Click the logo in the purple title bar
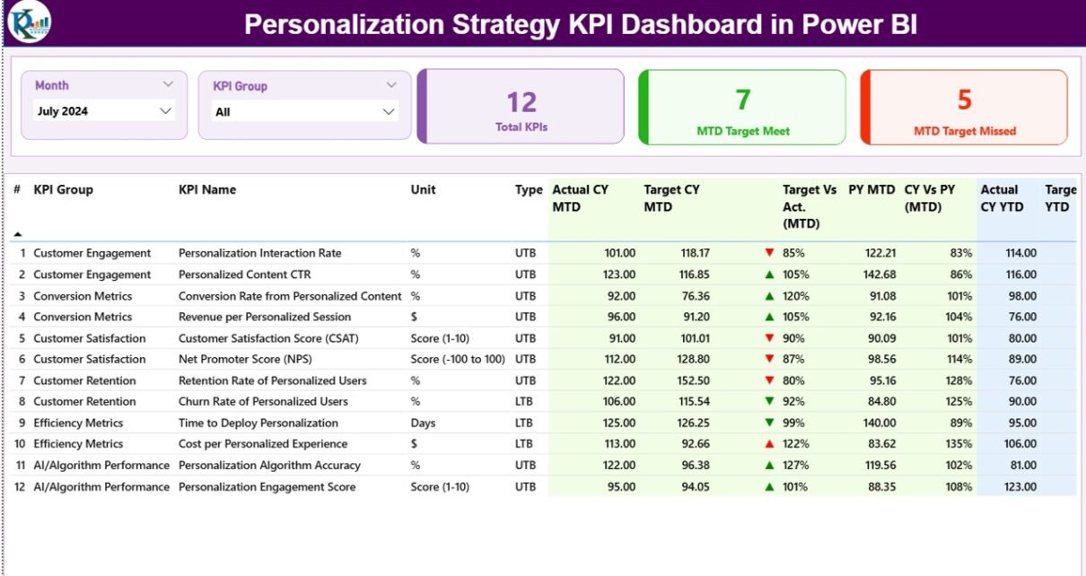click(29, 22)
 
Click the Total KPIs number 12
click(521, 102)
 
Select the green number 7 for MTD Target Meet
click(743, 100)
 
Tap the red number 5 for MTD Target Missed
click(965, 100)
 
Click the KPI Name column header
click(207, 190)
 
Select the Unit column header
click(424, 190)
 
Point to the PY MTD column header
click(871, 190)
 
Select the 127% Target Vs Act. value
click(796, 466)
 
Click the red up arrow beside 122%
click(769, 444)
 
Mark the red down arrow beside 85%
click(769, 253)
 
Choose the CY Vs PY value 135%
click(959, 444)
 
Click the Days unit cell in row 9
click(423, 423)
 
